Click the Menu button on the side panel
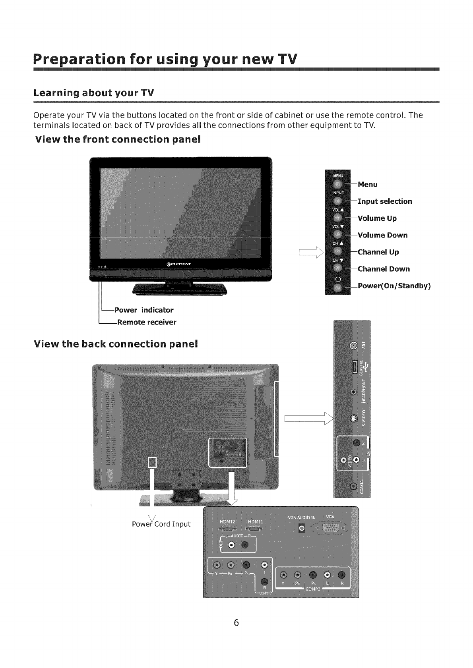[337, 184]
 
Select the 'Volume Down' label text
[382, 235]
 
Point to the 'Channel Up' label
[378, 252]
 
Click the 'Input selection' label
[385, 201]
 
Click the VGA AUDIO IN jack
[302, 528]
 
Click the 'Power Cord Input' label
[161, 524]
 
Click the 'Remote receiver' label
[145, 322]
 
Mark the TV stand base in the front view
[180, 289]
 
